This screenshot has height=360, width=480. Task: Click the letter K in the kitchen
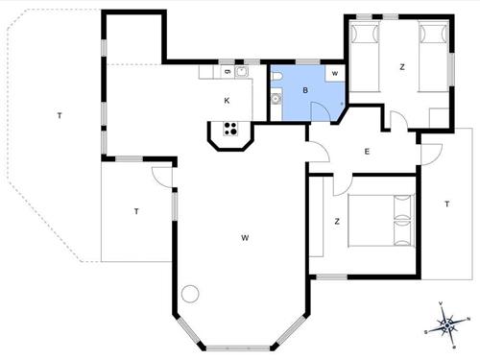[x=228, y=100]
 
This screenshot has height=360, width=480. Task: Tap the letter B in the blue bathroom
[x=305, y=90]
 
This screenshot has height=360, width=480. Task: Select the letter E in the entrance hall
[x=367, y=152]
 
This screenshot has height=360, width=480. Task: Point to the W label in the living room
[x=246, y=237]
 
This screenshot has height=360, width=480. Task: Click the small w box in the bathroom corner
[x=335, y=73]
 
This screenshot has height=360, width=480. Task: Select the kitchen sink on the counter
[x=242, y=72]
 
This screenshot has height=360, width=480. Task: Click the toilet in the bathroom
[x=276, y=76]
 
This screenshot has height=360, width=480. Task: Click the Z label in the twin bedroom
[x=401, y=67]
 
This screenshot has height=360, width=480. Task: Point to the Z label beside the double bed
[x=337, y=222]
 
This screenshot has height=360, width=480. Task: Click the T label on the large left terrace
[x=60, y=116]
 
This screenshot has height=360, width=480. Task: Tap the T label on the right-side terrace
[x=446, y=204]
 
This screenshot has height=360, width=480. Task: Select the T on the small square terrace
[x=136, y=211]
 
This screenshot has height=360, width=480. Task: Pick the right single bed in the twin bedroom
[x=433, y=53]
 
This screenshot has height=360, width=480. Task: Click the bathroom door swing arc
[x=324, y=111]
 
